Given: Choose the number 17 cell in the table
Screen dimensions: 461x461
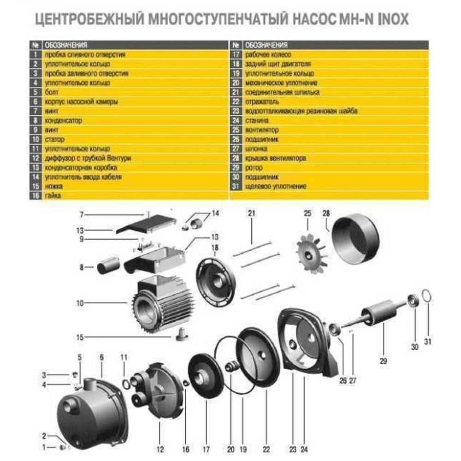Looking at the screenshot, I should click(x=236, y=54).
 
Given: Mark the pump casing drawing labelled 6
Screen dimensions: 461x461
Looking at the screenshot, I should click(x=92, y=410).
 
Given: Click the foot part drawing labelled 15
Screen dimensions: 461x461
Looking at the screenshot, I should click(x=182, y=336).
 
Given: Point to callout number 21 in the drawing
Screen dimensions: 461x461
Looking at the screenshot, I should click(x=251, y=213).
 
